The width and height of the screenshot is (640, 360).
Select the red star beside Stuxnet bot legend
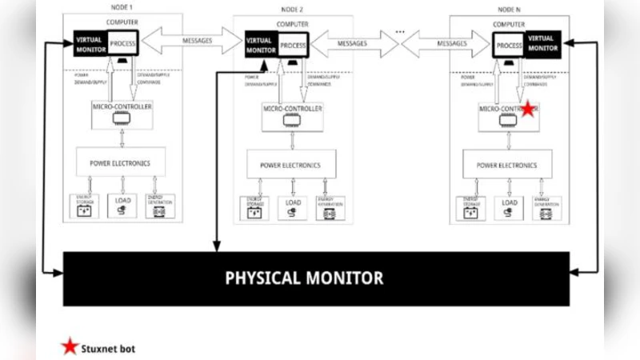(x=70, y=347)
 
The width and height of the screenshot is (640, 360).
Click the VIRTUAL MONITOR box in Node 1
(x=89, y=43)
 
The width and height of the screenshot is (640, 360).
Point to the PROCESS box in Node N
(x=509, y=46)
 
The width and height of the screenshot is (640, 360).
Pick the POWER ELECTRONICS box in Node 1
(x=121, y=162)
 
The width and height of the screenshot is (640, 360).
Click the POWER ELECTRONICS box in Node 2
(x=290, y=166)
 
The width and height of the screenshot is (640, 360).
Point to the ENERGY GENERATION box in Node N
(x=548, y=209)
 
